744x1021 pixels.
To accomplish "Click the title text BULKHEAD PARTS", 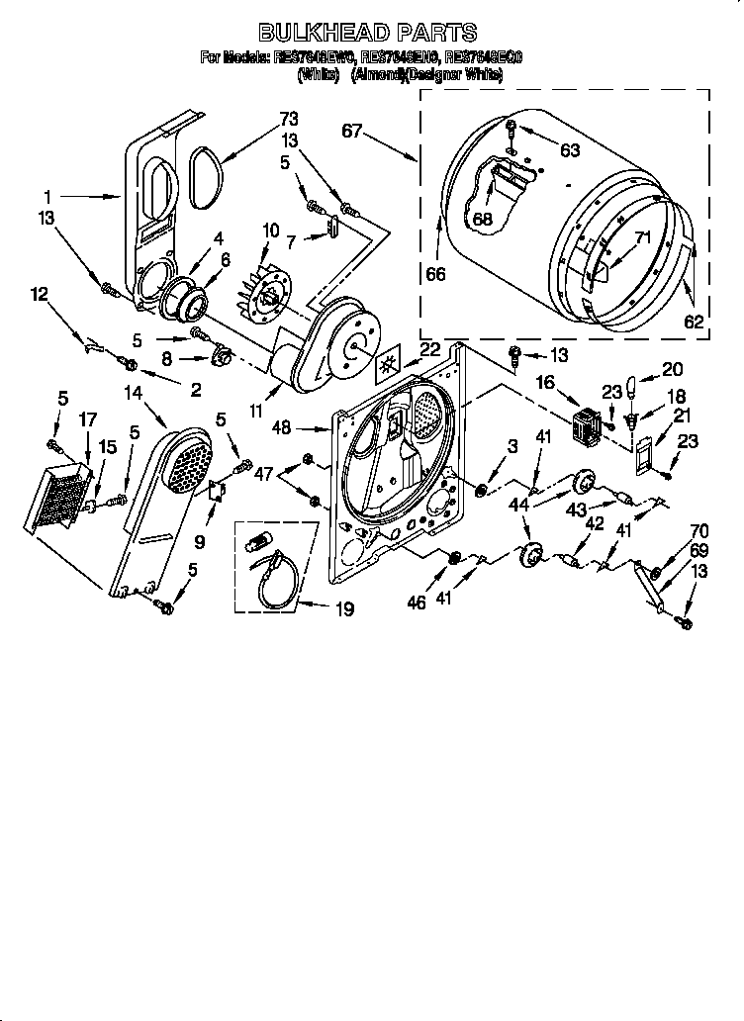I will (368, 34).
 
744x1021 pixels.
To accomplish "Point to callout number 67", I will (353, 130).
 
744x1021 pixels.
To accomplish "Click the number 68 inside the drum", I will (482, 220).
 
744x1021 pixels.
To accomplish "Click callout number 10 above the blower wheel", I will (270, 230).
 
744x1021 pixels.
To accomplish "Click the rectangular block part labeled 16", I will (589, 425).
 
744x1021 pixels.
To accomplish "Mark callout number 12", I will (39, 293).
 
